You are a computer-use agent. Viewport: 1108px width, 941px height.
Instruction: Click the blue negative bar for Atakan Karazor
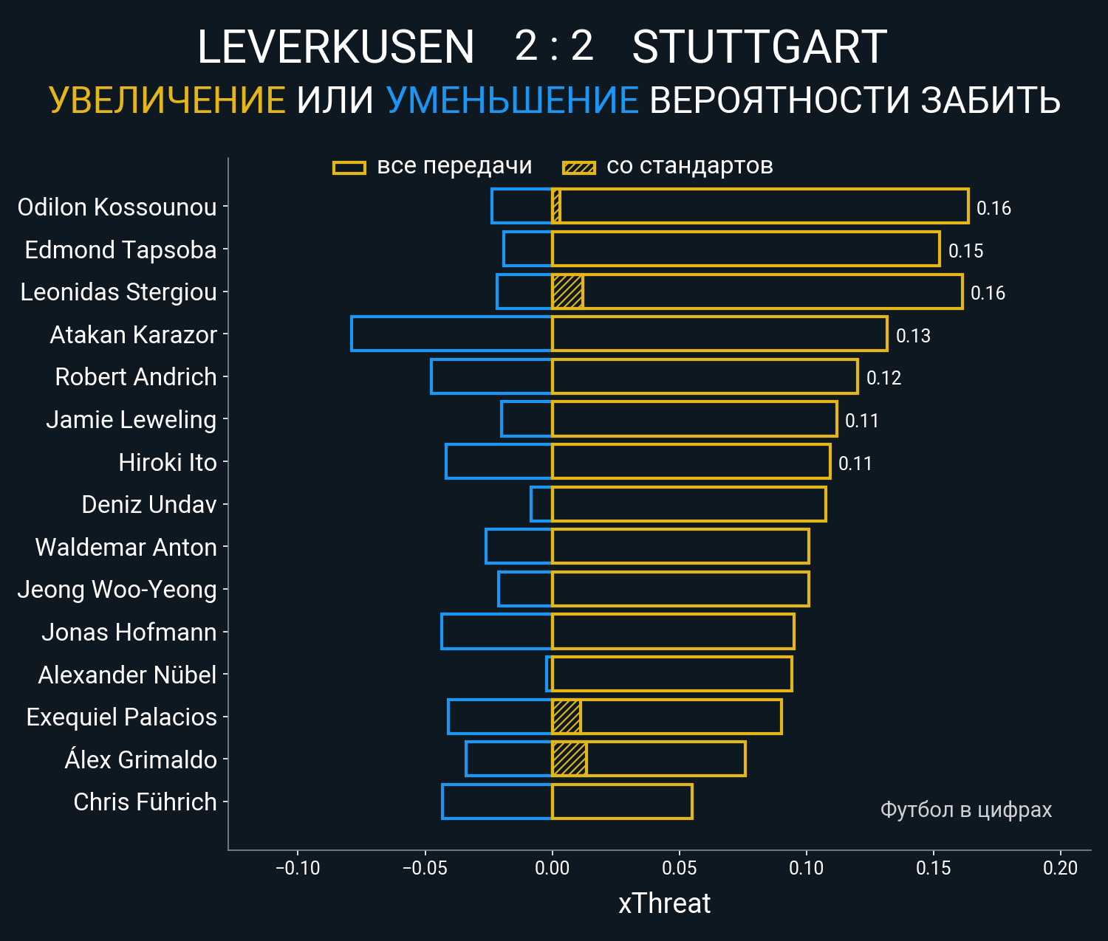pyautogui.click(x=451, y=334)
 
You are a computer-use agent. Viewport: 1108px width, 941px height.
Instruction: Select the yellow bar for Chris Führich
pyautogui.click(x=622, y=802)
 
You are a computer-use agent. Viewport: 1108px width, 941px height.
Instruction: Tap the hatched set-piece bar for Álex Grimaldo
pyautogui.click(x=570, y=759)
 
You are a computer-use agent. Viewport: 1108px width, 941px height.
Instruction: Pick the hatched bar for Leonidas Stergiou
pyautogui.click(x=567, y=292)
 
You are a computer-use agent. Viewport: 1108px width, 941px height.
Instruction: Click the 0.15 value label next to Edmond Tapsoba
pyautogui.click(x=965, y=251)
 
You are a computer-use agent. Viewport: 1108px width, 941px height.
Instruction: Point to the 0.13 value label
pyautogui.click(x=913, y=336)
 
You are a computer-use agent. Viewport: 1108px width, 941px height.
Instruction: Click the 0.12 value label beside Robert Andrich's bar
pyautogui.click(x=883, y=378)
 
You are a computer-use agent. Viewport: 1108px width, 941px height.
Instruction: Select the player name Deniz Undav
pyautogui.click(x=148, y=505)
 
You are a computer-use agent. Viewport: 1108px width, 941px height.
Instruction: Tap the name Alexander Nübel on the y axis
pyautogui.click(x=127, y=675)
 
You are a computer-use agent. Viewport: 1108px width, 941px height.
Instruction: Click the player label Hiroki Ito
pyautogui.click(x=167, y=463)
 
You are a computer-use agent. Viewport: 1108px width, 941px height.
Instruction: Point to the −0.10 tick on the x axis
pyautogui.click(x=298, y=868)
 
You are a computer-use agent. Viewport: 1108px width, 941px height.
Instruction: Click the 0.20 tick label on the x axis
pyautogui.click(x=1060, y=868)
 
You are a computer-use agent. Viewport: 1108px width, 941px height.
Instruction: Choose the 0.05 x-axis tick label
pyautogui.click(x=679, y=868)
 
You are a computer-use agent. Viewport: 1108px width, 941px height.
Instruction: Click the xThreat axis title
pyautogui.click(x=664, y=903)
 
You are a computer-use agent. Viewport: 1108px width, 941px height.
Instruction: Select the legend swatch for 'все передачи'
pyautogui.click(x=349, y=168)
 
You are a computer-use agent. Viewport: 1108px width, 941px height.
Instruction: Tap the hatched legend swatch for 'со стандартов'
pyautogui.click(x=578, y=168)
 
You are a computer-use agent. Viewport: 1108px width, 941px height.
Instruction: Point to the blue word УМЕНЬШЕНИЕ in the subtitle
pyautogui.click(x=512, y=100)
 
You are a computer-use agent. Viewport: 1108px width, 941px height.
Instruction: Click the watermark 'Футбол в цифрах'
pyautogui.click(x=965, y=810)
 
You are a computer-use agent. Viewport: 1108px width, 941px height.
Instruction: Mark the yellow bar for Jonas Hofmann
pyautogui.click(x=673, y=632)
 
